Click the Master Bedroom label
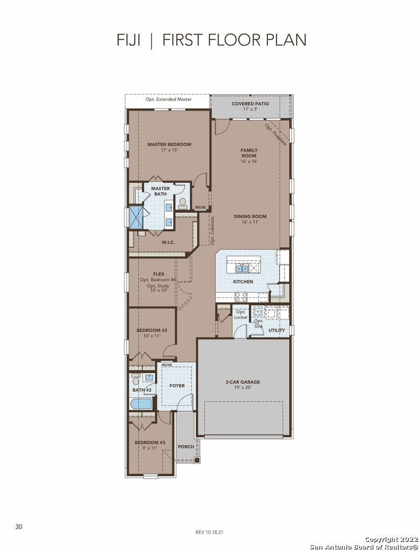[169, 144]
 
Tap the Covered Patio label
[250, 104]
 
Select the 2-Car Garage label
[243, 382]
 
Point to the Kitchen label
[243, 282]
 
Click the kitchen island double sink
[242, 269]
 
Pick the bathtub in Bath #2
[141, 404]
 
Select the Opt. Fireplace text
[276, 134]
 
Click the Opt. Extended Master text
[169, 99]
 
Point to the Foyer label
[177, 386]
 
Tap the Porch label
[186, 446]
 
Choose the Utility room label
[277, 330]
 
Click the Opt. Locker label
[241, 314]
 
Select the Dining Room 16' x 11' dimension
[250, 222]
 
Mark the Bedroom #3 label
[150, 442]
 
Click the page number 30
[19, 527]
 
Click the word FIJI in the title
[129, 40]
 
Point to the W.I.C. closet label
[168, 242]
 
